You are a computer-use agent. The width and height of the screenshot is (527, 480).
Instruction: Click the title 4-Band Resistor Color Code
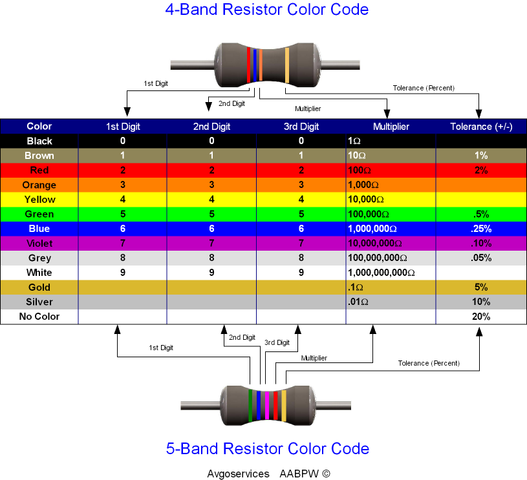click(266, 10)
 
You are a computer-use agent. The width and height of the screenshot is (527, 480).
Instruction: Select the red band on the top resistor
click(248, 65)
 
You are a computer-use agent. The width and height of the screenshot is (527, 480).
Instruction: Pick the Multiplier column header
click(391, 127)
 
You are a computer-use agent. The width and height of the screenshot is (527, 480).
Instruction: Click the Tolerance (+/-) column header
click(481, 127)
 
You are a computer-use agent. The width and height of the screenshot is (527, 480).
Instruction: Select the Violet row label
click(39, 244)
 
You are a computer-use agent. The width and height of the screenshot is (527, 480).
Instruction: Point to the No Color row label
click(39, 317)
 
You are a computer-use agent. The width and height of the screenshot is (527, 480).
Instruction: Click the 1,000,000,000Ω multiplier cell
click(382, 273)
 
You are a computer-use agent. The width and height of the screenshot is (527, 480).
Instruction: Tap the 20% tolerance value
click(480, 317)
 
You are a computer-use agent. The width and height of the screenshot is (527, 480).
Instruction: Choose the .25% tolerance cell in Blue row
click(480, 229)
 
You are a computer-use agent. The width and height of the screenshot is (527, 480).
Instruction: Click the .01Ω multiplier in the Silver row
click(358, 302)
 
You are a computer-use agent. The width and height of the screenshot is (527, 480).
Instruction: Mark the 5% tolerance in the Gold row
click(480, 287)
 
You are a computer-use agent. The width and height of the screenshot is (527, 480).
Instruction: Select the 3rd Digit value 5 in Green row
click(301, 214)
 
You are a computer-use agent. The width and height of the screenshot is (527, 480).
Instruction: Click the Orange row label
click(39, 185)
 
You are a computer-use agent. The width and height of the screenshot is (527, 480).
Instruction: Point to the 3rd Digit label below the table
click(277, 342)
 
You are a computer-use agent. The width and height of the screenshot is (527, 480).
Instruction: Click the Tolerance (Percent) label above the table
click(424, 88)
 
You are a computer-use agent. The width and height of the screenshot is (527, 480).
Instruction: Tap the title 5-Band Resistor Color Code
click(267, 448)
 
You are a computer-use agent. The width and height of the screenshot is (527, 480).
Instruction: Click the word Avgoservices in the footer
click(238, 474)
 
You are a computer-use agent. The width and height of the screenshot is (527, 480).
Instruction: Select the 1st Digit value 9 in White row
click(123, 273)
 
